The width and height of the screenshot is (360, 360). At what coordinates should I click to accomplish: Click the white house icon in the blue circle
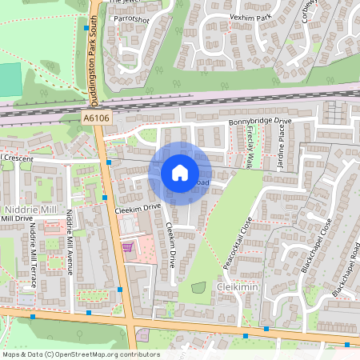click(x=180, y=173)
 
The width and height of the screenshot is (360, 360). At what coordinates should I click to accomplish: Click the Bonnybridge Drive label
click(x=261, y=121)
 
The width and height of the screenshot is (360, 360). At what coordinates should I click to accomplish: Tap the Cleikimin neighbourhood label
click(x=237, y=286)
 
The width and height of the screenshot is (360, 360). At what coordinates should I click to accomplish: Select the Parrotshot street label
click(x=131, y=18)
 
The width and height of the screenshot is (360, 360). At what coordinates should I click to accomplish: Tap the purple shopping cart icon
click(x=126, y=247)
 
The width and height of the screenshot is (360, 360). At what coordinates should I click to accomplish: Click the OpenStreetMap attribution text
click(x=80, y=354)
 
